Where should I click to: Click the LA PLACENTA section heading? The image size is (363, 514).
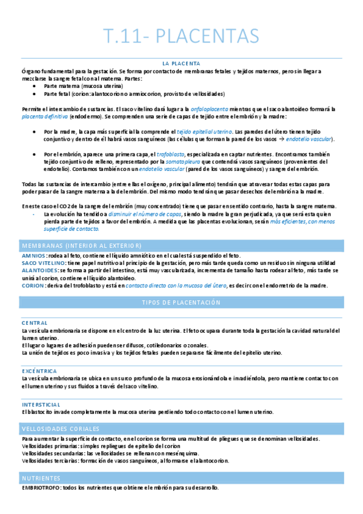(x=181, y=63)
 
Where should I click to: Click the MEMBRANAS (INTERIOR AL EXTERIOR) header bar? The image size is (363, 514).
(x=81, y=245)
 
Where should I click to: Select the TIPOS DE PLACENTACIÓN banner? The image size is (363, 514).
(x=181, y=302)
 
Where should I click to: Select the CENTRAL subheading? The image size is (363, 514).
(x=34, y=323)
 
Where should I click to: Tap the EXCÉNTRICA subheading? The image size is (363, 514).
(x=39, y=371)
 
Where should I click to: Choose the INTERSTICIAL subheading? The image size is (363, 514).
(x=41, y=404)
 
